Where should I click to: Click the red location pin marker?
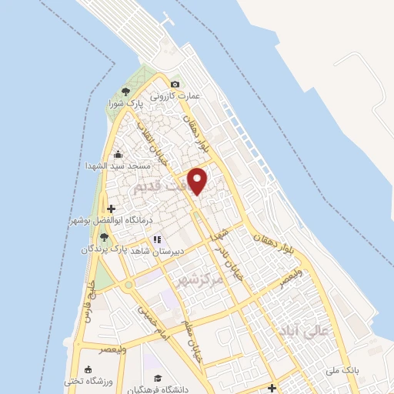pyautogui.click(x=199, y=180)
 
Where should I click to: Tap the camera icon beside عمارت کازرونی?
pyautogui.click(x=175, y=84)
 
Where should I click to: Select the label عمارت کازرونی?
pyautogui.click(x=175, y=96)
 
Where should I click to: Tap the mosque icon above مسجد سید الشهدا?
pyautogui.click(x=117, y=154)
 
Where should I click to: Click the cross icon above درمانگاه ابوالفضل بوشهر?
pyautogui.click(x=112, y=209)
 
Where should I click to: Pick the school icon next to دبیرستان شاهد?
pyautogui.click(x=157, y=239)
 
